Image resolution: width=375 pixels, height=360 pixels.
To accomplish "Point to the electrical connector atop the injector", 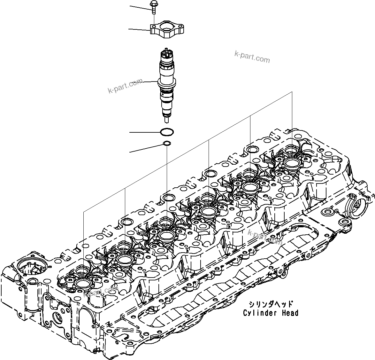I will pos(167,53).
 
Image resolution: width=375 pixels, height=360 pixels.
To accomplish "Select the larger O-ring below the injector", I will pos(167,132).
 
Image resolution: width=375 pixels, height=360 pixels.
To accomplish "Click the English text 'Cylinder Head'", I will pos(271,313).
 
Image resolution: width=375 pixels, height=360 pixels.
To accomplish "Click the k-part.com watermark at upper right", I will pos(252,57).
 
